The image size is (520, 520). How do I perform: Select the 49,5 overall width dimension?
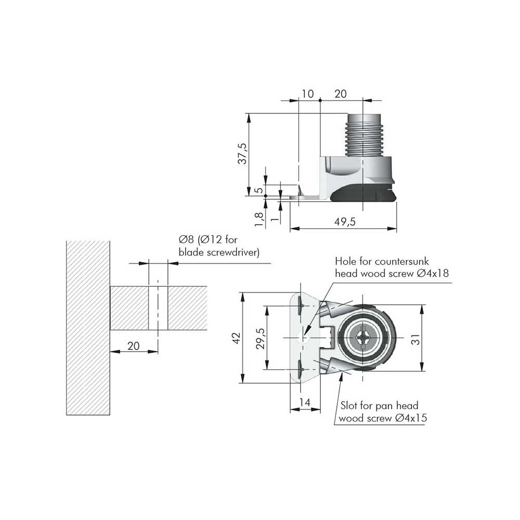pyautogui.click(x=344, y=222)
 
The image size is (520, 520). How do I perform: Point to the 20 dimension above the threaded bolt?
pyautogui.click(x=341, y=94)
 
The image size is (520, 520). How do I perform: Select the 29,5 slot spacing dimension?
pyautogui.click(x=261, y=339)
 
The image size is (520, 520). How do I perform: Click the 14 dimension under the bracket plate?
pyautogui.click(x=305, y=402)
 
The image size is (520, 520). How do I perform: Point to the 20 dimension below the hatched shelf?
pyautogui.click(x=133, y=345)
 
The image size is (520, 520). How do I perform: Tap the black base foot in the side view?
pyautogui.click(x=364, y=195)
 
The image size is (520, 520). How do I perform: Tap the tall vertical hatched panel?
pyautogui.click(x=88, y=328)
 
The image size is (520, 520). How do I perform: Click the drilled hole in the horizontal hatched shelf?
pyautogui.click(x=158, y=307)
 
